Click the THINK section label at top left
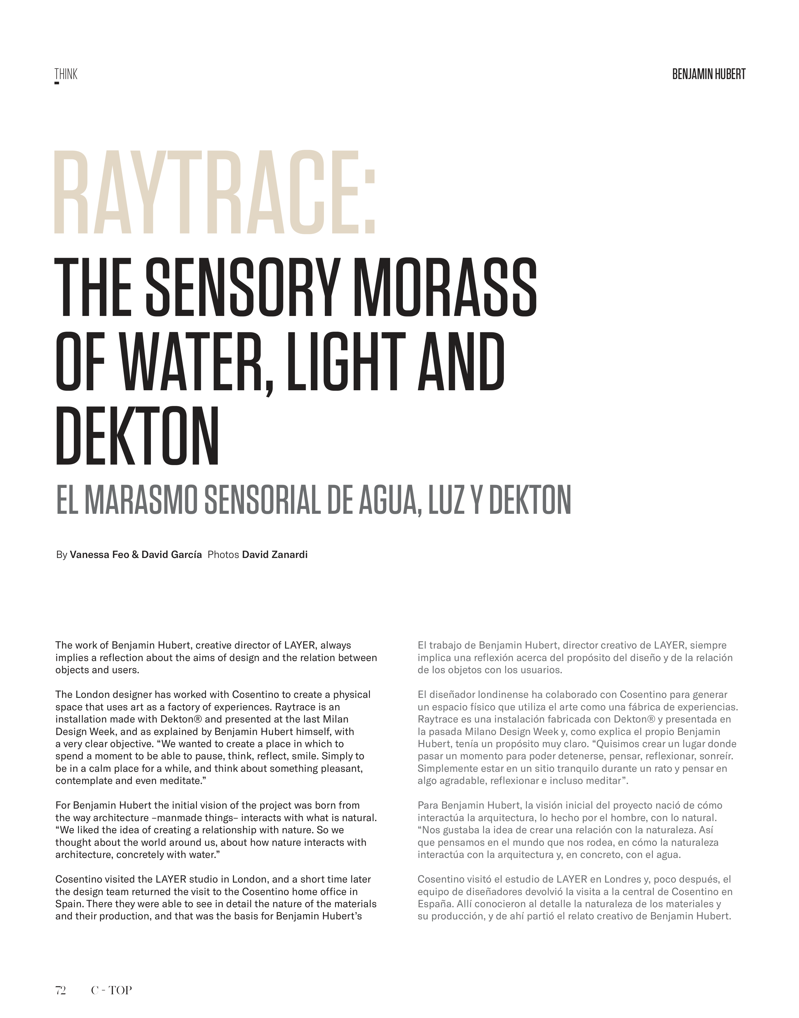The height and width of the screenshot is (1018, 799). click(66, 75)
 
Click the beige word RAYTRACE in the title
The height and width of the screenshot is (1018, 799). click(206, 193)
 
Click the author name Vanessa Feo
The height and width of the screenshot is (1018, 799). click(99, 555)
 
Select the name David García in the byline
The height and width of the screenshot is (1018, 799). click(172, 555)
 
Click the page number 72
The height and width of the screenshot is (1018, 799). click(60, 990)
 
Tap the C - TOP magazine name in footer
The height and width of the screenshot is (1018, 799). click(111, 990)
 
